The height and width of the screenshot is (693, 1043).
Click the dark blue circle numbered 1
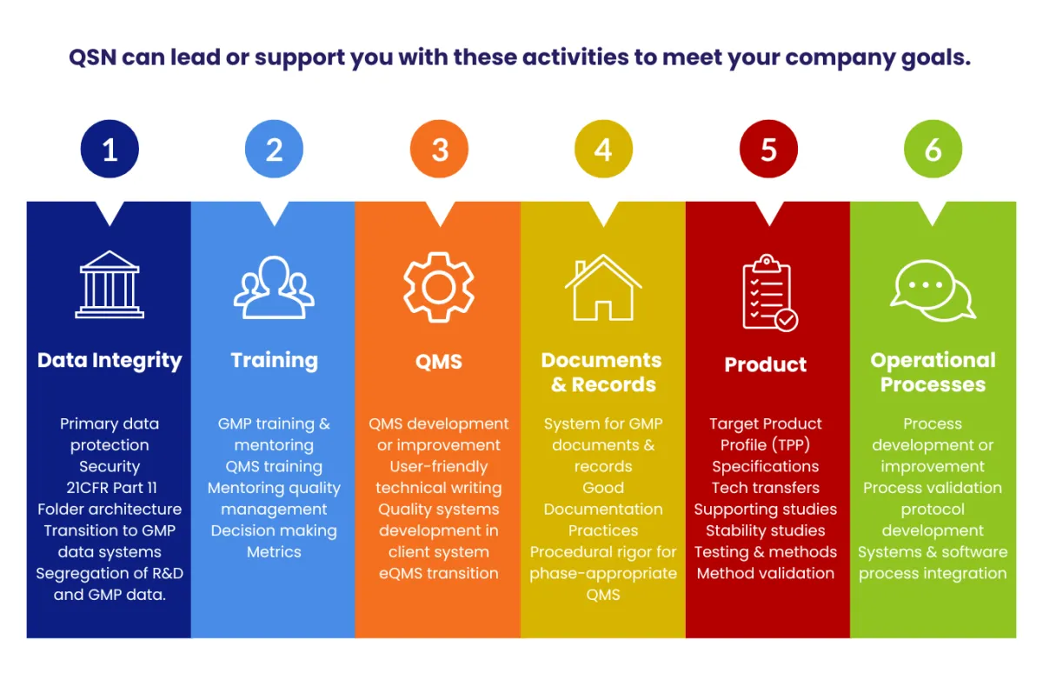(110, 150)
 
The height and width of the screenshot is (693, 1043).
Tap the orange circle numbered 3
(439, 150)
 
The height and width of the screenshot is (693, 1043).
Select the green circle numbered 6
(933, 150)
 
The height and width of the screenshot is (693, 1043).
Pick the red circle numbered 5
(768, 150)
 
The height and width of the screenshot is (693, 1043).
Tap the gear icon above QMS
(439, 287)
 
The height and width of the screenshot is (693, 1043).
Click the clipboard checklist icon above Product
(768, 293)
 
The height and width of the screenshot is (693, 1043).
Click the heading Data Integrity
(110, 361)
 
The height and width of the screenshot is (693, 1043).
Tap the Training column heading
(274, 361)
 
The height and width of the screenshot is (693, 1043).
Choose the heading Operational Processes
(933, 372)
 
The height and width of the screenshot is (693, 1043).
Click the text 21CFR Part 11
(110, 488)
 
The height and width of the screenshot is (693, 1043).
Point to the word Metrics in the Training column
(274, 552)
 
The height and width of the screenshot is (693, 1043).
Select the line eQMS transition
(439, 573)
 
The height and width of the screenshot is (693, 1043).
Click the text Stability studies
(766, 530)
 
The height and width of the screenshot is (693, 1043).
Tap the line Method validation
(766, 573)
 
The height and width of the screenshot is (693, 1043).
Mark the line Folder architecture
(110, 510)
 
